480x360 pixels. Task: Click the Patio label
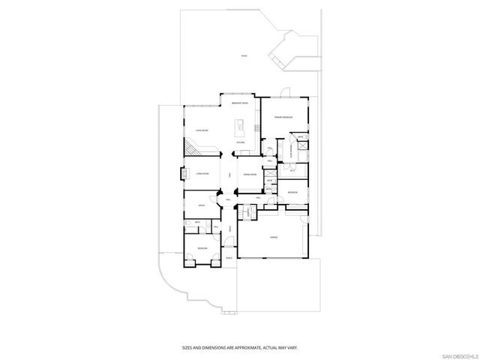(x=244, y=56)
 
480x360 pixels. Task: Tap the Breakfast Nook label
(x=240, y=103)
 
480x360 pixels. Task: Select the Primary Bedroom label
(x=283, y=117)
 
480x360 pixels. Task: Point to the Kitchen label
(x=241, y=142)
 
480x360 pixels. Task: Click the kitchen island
(x=241, y=124)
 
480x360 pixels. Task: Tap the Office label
(x=201, y=205)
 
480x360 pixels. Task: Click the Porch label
(x=229, y=256)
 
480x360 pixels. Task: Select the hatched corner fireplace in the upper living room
(x=194, y=151)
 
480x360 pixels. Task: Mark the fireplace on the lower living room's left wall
(x=182, y=174)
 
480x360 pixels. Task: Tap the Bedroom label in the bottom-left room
(x=202, y=247)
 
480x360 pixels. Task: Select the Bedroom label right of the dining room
(x=292, y=193)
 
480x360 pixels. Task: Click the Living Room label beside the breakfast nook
(x=201, y=130)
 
